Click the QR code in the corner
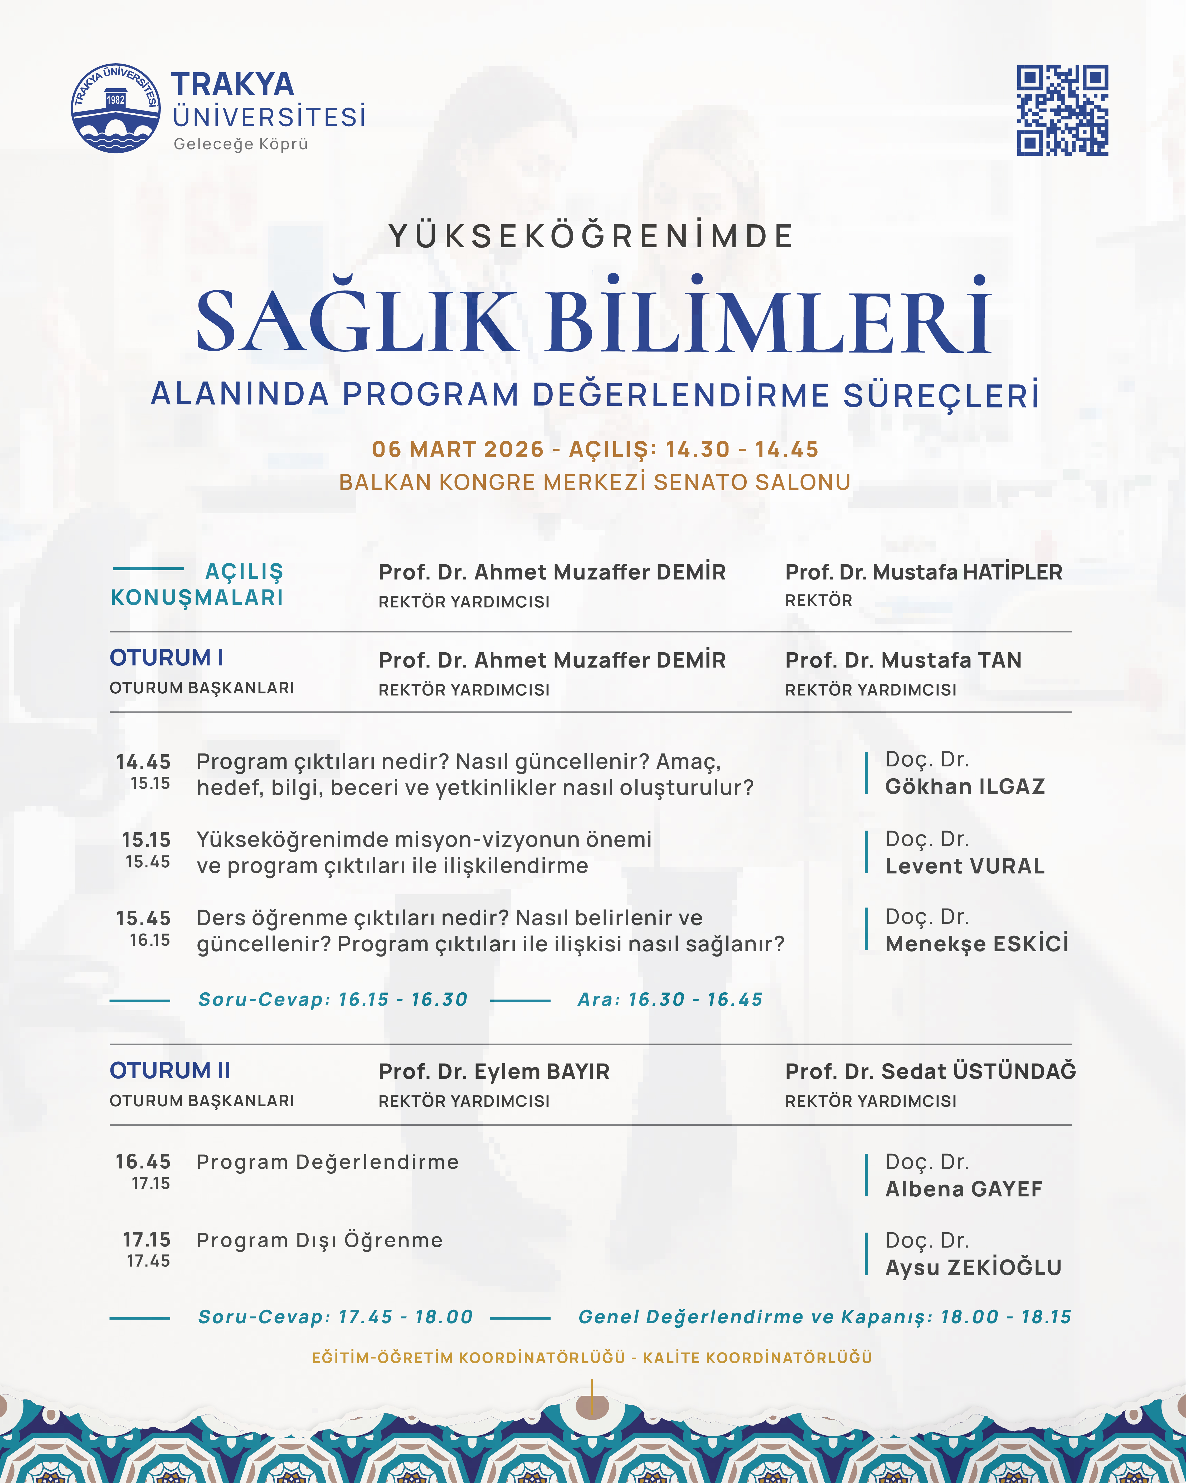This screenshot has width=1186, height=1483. [x=1062, y=110]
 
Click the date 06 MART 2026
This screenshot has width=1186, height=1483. [x=457, y=449]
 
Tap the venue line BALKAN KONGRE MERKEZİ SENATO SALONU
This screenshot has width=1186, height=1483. [x=595, y=482]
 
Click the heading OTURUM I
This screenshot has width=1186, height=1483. [x=166, y=658]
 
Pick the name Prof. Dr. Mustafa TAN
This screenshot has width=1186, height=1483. [x=903, y=660]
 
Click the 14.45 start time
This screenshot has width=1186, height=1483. [x=143, y=761]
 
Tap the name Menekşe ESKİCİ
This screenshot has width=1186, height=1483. [x=976, y=944]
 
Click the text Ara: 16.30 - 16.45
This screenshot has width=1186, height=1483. [x=670, y=999]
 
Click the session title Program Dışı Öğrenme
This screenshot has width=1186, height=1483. [x=320, y=1240]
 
